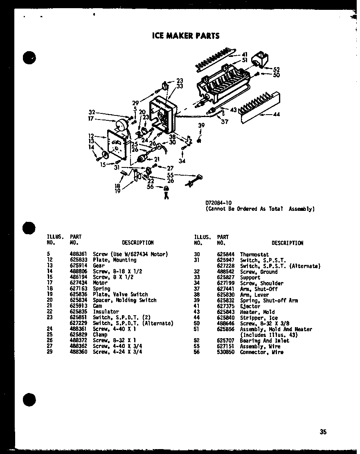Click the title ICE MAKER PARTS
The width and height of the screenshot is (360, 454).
pos(186,36)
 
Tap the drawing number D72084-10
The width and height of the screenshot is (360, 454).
pos(218,203)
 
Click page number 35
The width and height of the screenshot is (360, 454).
pos(323,431)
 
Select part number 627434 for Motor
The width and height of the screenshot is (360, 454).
pos(77,282)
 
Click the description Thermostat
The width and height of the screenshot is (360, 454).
pos(254,254)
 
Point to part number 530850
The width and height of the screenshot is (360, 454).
pos(225,352)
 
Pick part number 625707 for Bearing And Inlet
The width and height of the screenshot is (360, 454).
pos(225,341)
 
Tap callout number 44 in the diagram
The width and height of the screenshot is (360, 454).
pos(277,114)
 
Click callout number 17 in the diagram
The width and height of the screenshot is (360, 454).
pos(90,119)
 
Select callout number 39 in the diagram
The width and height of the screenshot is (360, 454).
pos(201,126)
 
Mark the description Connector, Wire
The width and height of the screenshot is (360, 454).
pos(261,352)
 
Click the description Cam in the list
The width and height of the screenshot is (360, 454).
pos(97,306)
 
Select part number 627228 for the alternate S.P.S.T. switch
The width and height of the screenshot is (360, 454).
pos(225,266)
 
